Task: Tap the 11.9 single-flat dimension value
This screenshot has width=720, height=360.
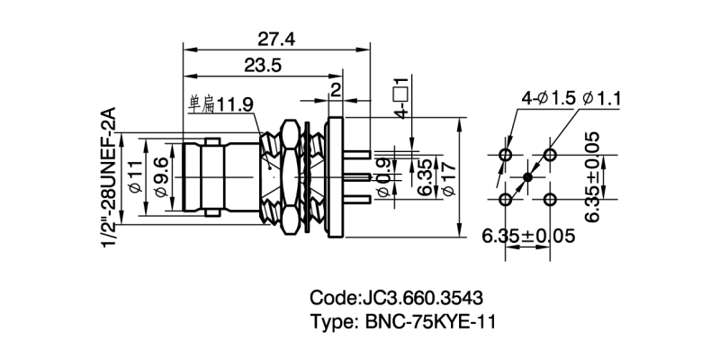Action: pyautogui.click(x=236, y=105)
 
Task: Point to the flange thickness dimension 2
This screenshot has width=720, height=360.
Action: pyautogui.click(x=336, y=88)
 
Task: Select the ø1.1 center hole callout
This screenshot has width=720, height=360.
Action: pyautogui.click(x=604, y=98)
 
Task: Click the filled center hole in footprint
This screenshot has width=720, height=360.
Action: pyautogui.click(x=526, y=177)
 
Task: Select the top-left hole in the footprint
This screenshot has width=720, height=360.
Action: pyautogui.click(x=505, y=156)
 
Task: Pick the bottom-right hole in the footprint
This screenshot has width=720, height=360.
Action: pyautogui.click(x=548, y=199)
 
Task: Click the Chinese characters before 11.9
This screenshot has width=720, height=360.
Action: pyautogui.click(x=201, y=105)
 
